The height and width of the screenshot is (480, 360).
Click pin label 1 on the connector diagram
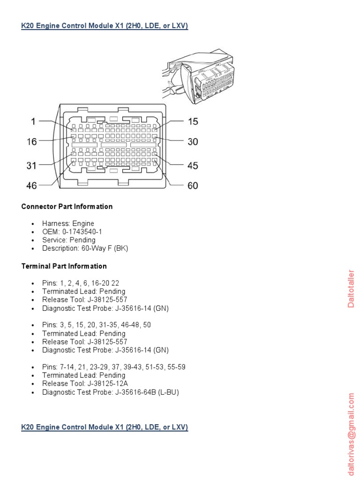pos(33,121)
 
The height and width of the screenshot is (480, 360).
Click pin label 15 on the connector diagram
pos(193,121)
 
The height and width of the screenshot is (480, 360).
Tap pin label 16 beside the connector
pos(31,142)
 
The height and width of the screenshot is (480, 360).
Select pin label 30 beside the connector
pos(193,142)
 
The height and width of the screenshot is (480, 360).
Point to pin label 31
pos(31,165)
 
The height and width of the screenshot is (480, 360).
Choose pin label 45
pos(193,165)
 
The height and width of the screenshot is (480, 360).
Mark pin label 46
pos(31,186)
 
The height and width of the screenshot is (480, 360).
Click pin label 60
pos(193,186)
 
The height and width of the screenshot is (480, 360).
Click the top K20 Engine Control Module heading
pos(105,26)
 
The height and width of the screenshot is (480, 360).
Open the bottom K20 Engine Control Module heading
pos(105,427)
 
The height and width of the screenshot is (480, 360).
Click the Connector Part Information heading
pos(67,206)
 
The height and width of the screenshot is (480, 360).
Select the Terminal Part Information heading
pos(64,266)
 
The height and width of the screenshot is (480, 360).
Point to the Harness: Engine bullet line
pos(68,224)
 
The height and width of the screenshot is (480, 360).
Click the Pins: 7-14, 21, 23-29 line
pos(113,367)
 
